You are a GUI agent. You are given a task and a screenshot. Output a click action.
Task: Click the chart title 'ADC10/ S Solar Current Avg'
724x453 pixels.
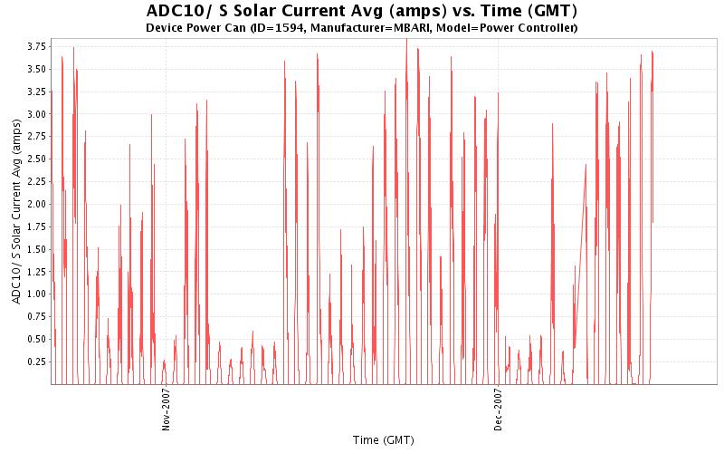pos(361,12)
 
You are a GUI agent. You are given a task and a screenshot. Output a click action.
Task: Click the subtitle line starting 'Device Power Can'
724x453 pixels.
pos(361,28)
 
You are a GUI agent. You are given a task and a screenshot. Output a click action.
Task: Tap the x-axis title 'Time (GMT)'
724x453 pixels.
pos(384,439)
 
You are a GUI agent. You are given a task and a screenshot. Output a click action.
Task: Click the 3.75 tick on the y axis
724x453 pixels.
pos(36,46)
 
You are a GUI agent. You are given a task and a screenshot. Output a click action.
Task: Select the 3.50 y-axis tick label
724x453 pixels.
pos(36,69)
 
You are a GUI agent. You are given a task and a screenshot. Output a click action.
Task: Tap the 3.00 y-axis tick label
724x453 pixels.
pos(36,114)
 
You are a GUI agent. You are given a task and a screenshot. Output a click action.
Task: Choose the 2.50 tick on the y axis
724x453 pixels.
pos(36,159)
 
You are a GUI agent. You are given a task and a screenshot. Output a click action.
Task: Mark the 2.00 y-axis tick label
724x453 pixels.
pos(36,204)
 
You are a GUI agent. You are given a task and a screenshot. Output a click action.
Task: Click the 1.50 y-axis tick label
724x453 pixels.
pos(36,249)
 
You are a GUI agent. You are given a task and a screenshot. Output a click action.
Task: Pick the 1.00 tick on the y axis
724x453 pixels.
pos(36,294)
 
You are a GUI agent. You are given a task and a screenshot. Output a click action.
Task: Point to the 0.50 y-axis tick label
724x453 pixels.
pos(36,339)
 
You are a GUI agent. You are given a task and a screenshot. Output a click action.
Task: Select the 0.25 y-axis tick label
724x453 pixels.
pos(36,361)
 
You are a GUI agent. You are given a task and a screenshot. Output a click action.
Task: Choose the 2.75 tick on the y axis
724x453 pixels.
pos(36,136)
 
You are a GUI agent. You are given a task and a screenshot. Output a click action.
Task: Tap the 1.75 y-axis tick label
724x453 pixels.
pos(36,226)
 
